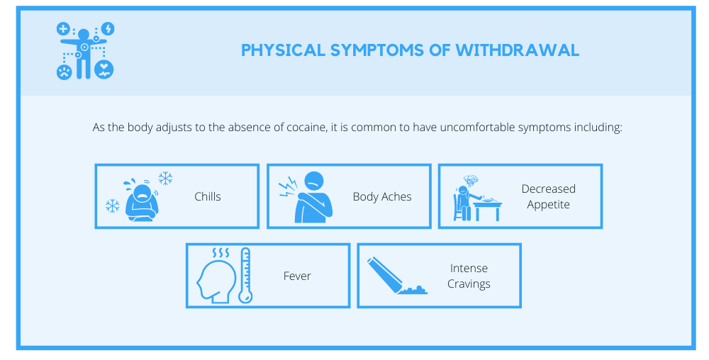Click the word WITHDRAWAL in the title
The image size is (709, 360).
518,50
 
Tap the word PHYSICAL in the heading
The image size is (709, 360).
283,50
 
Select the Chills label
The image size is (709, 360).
208,196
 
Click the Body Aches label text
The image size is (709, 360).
382,197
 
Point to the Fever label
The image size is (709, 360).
297,276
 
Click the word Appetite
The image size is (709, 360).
548,205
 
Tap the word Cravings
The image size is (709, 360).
469,284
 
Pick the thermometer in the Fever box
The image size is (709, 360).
245,275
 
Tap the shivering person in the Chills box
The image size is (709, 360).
140,201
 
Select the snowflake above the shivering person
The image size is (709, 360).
165,179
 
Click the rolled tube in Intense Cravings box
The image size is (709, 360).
385,275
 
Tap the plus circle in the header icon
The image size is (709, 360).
63,29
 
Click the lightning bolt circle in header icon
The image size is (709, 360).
108,29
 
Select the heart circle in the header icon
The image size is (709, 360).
104,70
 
